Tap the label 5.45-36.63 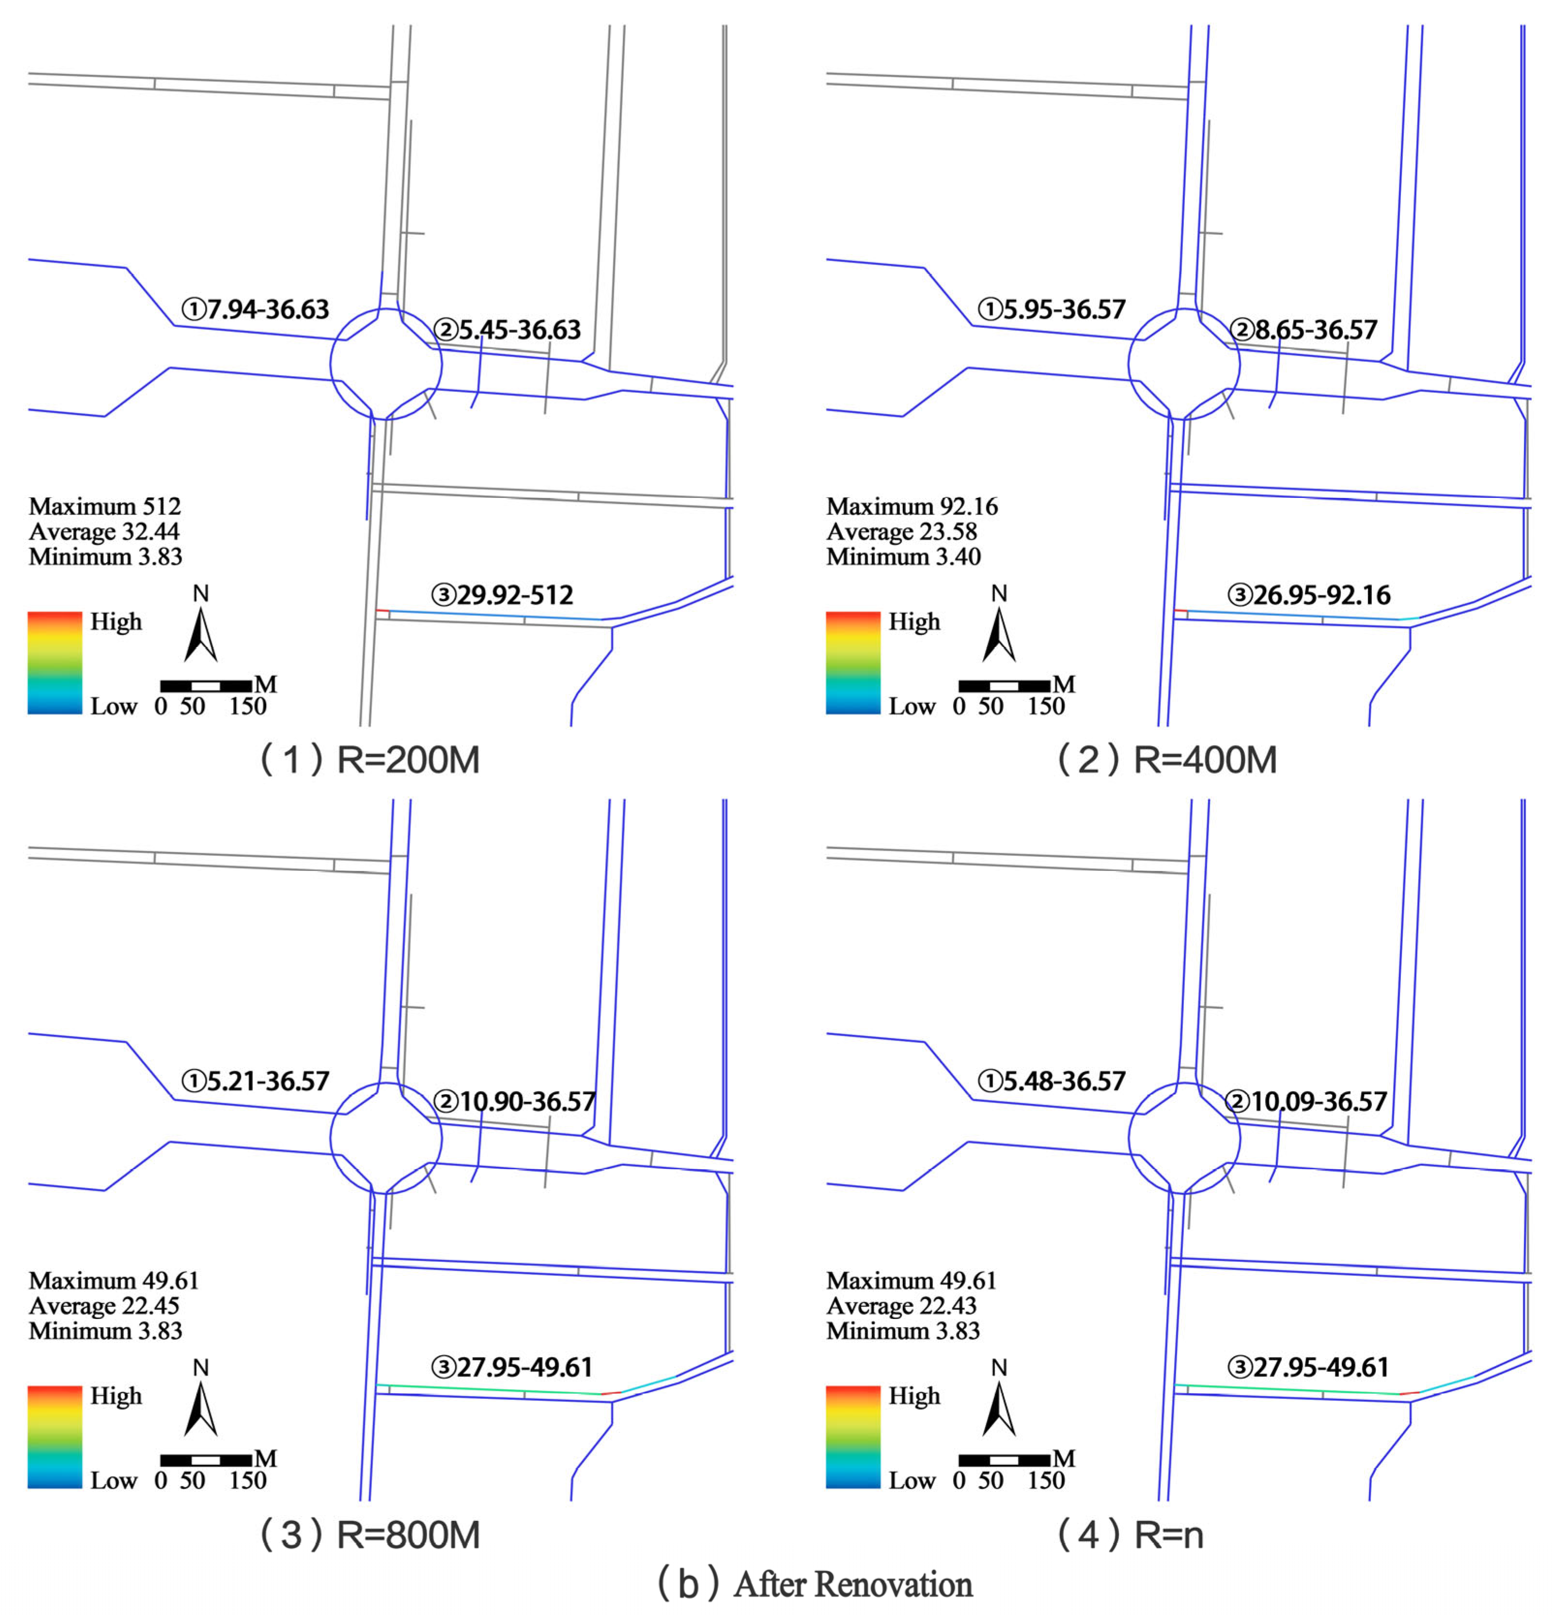point(520,330)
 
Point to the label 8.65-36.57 point(1316,330)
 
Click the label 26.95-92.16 point(1321,595)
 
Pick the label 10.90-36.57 point(528,1102)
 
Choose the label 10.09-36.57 point(1319,1102)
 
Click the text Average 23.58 point(901,531)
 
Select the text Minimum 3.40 point(903,557)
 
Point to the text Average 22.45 point(104,1306)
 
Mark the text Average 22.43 point(901,1306)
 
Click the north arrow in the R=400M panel point(999,635)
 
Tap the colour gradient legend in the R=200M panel point(55,663)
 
